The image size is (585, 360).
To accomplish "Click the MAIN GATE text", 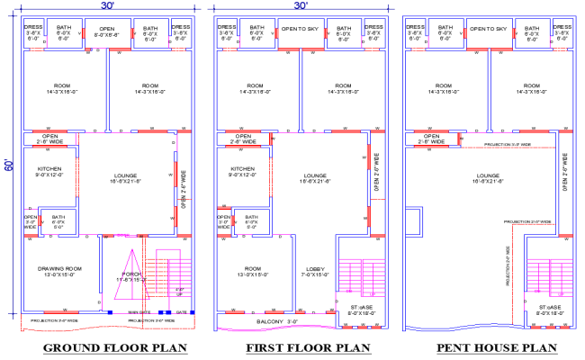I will click(x=139, y=311).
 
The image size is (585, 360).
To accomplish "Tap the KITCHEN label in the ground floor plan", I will click(x=50, y=172).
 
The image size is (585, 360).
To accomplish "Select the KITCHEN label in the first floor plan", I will click(x=242, y=172).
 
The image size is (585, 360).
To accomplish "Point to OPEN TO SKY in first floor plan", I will click(x=301, y=29).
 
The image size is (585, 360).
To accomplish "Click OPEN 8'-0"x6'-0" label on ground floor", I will click(x=107, y=33).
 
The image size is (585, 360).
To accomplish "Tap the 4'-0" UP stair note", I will click(x=179, y=291).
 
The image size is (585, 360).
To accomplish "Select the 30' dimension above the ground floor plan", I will click(x=107, y=5).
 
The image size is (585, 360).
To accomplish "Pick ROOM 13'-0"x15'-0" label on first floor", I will click(x=254, y=272).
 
